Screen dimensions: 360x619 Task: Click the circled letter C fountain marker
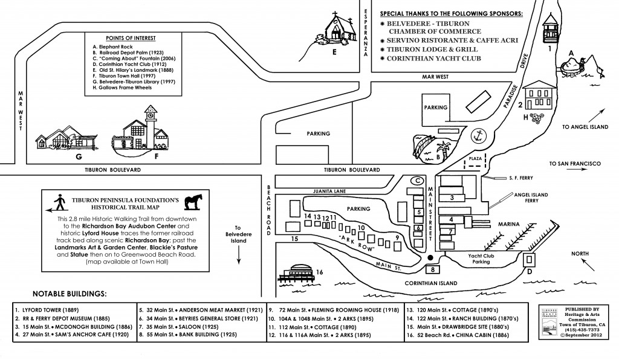(x=417, y=180)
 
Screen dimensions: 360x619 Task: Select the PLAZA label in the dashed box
(x=476, y=158)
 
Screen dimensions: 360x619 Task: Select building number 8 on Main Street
(x=432, y=269)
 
